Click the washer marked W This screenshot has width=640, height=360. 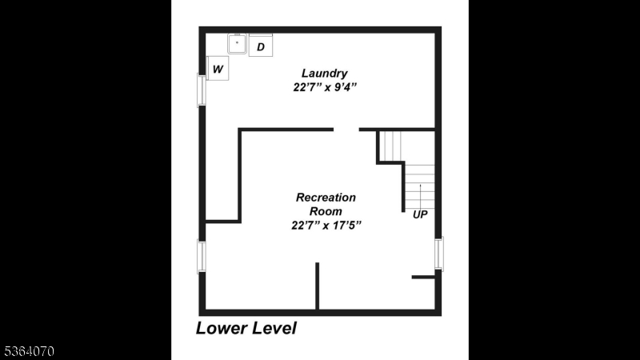218,69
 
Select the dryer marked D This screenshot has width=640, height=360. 261,46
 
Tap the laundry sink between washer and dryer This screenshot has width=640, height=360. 237,44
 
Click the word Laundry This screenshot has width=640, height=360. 325,73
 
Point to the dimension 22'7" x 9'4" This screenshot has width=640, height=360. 325,87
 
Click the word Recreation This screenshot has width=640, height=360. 326,197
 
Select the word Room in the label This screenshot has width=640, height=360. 326,211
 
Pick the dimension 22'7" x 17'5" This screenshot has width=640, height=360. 326,225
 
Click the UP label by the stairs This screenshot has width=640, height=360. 420,214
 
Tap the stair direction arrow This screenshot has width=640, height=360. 421,196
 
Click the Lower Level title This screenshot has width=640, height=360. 246,328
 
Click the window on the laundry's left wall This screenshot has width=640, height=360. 202,90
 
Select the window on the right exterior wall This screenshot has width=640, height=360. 439,254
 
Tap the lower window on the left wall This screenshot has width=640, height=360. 202,257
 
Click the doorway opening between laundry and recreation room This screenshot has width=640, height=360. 346,130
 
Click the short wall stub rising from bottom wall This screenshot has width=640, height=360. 317,286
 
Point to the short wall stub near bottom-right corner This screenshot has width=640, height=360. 424,277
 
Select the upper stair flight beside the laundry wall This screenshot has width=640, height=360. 390,146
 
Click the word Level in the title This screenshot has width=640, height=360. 274,328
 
